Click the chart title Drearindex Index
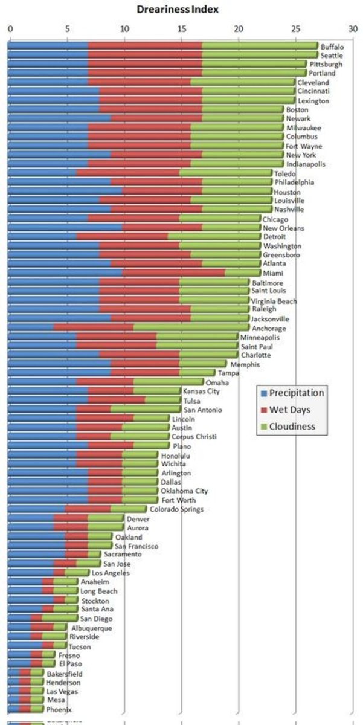(x=177, y=9)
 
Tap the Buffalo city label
(x=332, y=47)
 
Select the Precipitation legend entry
(x=296, y=393)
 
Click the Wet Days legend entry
(x=289, y=410)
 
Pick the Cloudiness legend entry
(x=292, y=427)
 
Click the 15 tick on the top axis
(x=181, y=28)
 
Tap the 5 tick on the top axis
(x=67, y=28)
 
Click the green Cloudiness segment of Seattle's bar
(x=260, y=55)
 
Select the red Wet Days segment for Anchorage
(x=94, y=327)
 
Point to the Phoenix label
(x=59, y=709)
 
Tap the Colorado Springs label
(x=176, y=509)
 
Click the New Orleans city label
(x=283, y=228)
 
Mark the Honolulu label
(x=175, y=455)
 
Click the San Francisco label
(x=136, y=546)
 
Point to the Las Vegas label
(x=62, y=691)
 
